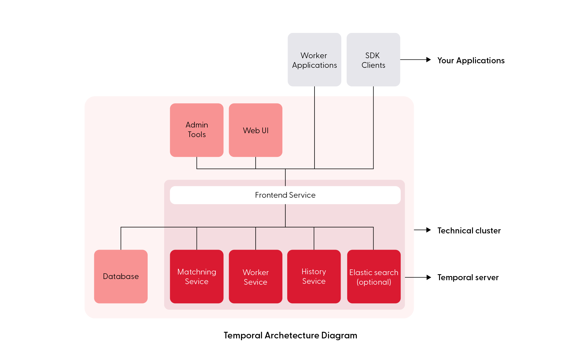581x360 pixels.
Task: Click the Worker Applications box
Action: point(314,59)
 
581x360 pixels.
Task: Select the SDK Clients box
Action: point(373,59)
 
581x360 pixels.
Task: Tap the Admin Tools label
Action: point(197,130)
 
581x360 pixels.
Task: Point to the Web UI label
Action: point(255,130)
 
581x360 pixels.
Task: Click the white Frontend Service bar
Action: point(285,195)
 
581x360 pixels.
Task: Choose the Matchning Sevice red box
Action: point(197,276)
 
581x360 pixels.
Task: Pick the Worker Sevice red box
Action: point(255,276)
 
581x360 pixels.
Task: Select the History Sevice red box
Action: point(314,276)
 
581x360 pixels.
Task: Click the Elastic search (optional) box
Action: point(374,276)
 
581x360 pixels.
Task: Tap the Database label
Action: point(121,276)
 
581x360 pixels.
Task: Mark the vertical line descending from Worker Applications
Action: point(315,132)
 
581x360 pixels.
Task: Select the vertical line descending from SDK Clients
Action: point(373,132)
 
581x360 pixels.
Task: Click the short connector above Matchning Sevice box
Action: point(197,238)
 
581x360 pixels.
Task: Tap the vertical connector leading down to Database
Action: point(121,238)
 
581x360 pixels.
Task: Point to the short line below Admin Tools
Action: point(197,163)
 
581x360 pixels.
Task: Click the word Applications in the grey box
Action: point(314,65)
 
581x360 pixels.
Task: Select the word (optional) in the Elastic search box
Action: point(374,282)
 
